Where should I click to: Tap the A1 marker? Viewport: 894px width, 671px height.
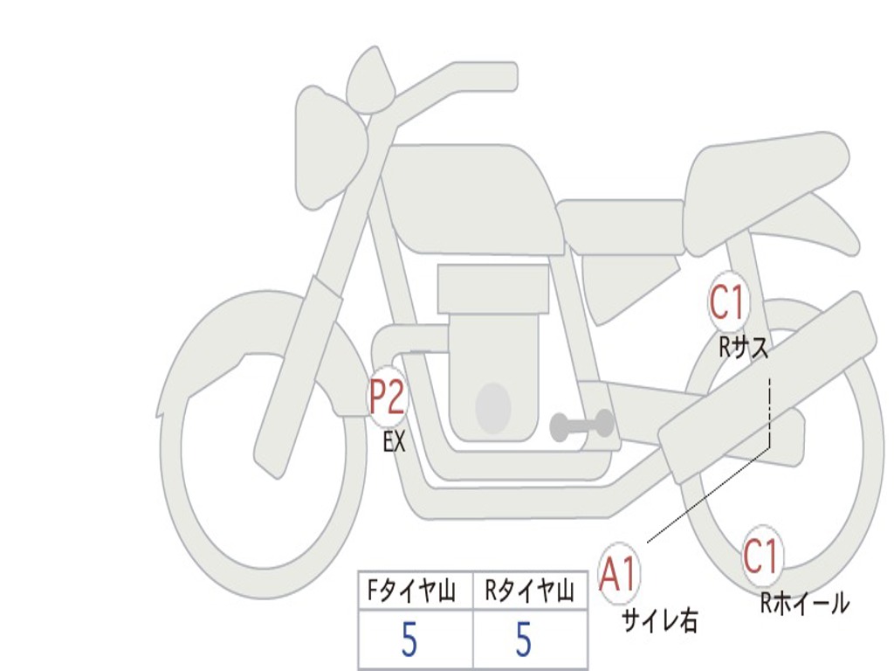pyautogui.click(x=619, y=574)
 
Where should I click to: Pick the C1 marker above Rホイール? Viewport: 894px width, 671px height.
pyautogui.click(x=761, y=557)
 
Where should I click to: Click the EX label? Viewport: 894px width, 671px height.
pyautogui.click(x=395, y=442)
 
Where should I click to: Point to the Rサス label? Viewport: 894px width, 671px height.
pyautogui.click(x=744, y=348)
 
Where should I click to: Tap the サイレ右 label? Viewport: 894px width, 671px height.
pyautogui.click(x=659, y=620)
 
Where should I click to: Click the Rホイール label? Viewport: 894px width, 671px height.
pyautogui.click(x=804, y=603)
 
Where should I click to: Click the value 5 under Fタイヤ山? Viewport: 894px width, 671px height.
pyautogui.click(x=409, y=641)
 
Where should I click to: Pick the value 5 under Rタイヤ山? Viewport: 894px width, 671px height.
pyautogui.click(x=523, y=641)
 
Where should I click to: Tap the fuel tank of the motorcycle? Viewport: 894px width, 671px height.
pyautogui.click(x=471, y=197)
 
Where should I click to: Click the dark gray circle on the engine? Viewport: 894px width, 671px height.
pyautogui.click(x=493, y=407)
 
